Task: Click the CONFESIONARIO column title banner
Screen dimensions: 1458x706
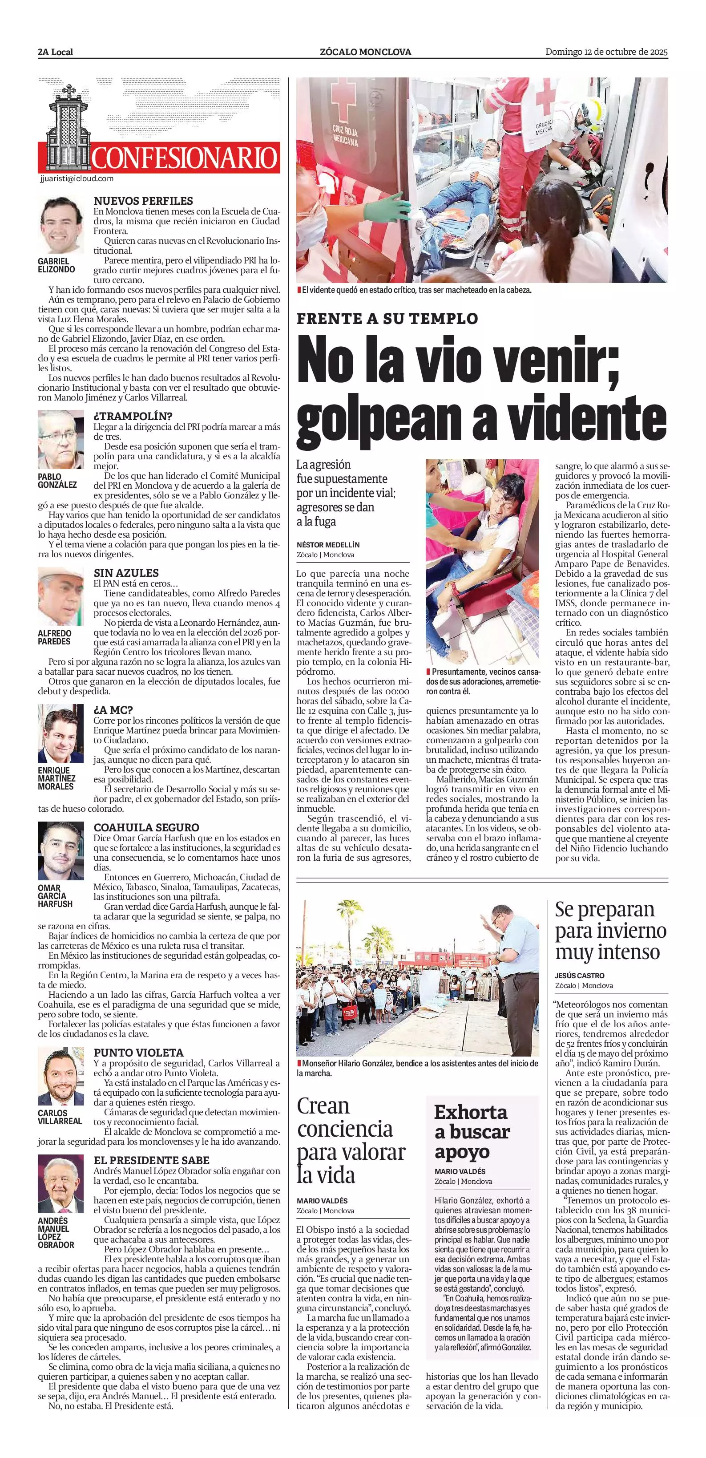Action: point(184,158)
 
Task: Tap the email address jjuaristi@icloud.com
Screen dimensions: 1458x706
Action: point(77,179)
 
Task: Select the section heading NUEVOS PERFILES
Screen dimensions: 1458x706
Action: point(143,201)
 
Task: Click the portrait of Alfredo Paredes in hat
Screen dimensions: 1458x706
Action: point(61,596)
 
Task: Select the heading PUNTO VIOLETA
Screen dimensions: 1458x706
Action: point(139,1053)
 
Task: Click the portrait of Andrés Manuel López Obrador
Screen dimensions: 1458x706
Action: point(61,1183)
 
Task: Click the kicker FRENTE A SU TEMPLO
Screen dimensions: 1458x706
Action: point(387,319)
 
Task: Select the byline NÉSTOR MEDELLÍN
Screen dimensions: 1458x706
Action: point(328,544)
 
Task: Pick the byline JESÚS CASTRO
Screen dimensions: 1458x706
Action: point(579,975)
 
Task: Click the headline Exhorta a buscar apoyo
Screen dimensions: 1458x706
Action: point(472,1131)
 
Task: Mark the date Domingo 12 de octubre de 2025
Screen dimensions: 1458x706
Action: point(606,52)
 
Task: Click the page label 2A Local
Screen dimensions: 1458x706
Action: point(56,52)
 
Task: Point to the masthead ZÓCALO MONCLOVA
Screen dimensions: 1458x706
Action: point(365,52)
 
